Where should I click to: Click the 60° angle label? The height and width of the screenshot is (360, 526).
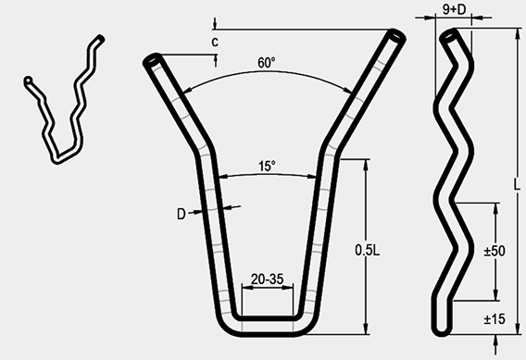(x=267, y=63)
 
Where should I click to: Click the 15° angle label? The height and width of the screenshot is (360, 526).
(x=267, y=166)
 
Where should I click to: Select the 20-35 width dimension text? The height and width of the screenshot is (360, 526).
(x=268, y=279)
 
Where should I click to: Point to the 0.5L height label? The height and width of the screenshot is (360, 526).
(x=368, y=250)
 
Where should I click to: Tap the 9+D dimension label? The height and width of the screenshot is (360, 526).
(x=455, y=9)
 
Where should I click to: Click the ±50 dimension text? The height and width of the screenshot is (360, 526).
(x=495, y=251)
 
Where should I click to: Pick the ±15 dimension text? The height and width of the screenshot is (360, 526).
(x=495, y=319)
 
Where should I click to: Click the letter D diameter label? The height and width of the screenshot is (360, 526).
(x=182, y=214)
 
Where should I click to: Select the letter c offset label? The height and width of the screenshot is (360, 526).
(x=215, y=43)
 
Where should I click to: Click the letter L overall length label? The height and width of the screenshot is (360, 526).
(x=518, y=184)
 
